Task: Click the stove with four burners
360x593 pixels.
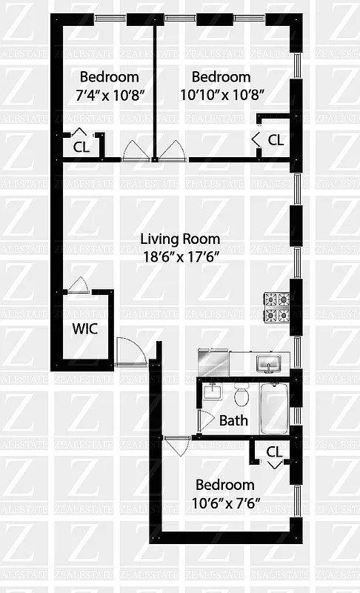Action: pyautogui.click(x=277, y=308)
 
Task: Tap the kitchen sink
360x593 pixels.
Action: pyautogui.click(x=268, y=364)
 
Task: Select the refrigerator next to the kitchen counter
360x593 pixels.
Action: pyautogui.click(x=213, y=362)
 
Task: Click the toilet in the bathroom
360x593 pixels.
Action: pyautogui.click(x=241, y=397)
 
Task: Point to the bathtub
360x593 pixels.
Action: pyautogui.click(x=275, y=408)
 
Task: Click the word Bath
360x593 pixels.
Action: pyautogui.click(x=233, y=421)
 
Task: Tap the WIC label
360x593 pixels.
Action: pyautogui.click(x=84, y=328)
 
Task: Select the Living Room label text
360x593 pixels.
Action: pyautogui.click(x=180, y=239)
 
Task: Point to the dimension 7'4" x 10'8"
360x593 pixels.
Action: pyautogui.click(x=108, y=94)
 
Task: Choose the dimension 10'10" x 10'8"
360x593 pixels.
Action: pyautogui.click(x=221, y=94)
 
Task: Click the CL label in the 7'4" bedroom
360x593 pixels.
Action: pyautogui.click(x=81, y=146)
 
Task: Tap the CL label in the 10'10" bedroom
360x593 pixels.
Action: pyautogui.click(x=276, y=139)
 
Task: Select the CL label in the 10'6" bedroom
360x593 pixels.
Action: pyautogui.click(x=274, y=451)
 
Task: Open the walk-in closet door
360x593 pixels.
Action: pyautogui.click(x=78, y=285)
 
